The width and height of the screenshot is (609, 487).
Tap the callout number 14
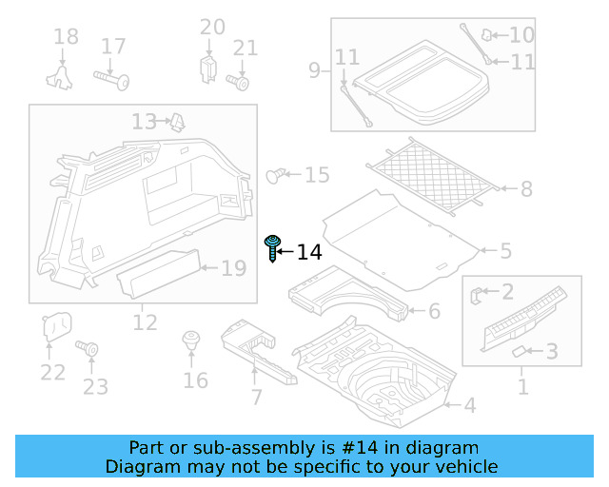[309, 252]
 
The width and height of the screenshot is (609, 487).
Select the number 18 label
[66, 37]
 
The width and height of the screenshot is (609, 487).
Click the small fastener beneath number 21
[243, 83]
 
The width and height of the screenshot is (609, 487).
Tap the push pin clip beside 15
[276, 174]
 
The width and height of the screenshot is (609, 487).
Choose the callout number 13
[144, 122]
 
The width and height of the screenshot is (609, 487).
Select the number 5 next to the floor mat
[505, 251]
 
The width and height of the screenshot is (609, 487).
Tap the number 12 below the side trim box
[145, 322]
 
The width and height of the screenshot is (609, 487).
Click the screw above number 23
[92, 350]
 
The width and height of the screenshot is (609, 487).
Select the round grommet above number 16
[191, 340]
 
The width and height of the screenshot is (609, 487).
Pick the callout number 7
[255, 397]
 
